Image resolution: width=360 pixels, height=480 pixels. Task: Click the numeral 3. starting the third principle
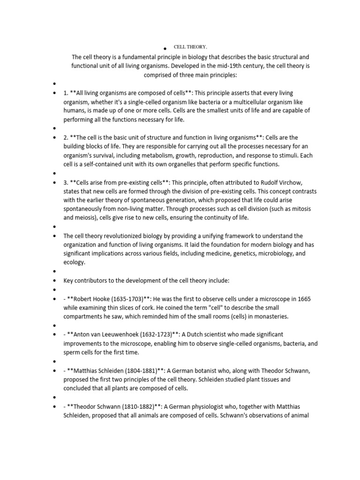66,182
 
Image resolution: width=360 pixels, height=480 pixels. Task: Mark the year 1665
302,299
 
